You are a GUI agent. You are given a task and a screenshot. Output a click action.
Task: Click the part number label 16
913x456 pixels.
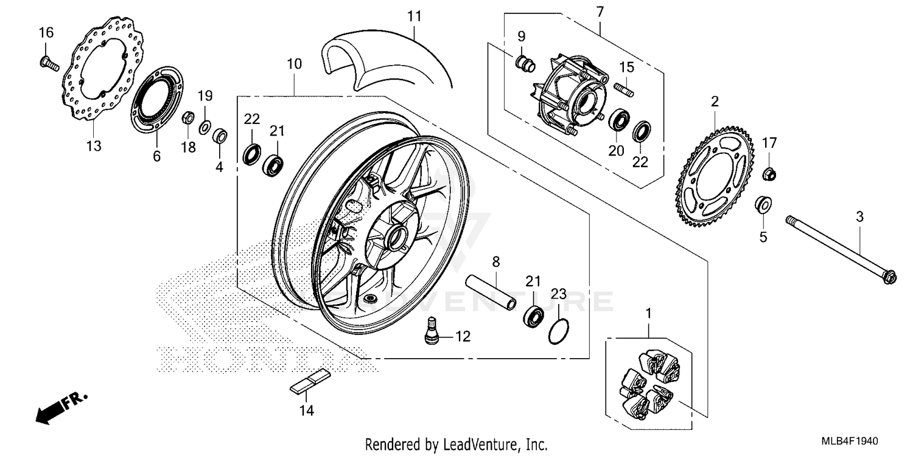tap(46, 32)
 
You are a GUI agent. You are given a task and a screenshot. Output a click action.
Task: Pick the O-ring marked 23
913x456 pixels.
tap(559, 332)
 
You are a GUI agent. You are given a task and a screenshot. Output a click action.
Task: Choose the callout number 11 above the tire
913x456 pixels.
tap(414, 16)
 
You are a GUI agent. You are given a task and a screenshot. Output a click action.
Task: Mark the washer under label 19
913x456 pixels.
tap(205, 126)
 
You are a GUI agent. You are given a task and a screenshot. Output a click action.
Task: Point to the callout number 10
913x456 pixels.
tap(294, 63)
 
